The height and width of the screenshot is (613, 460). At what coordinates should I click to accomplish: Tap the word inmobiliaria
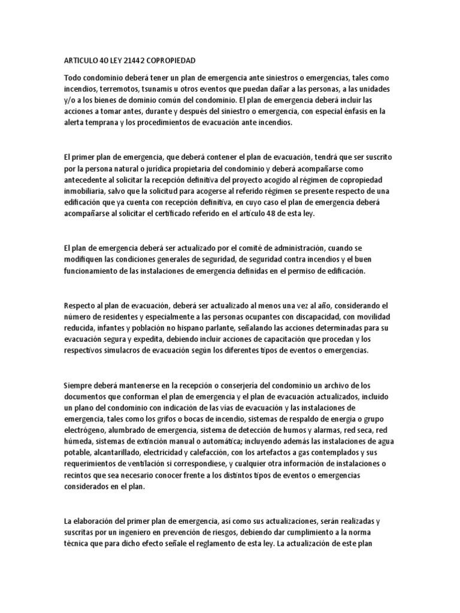[x=86, y=192]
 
